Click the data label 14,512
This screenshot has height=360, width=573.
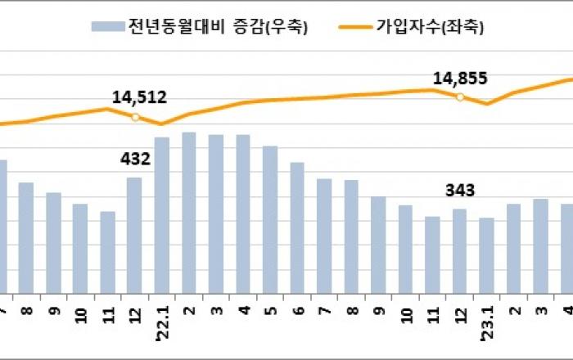point(139,97)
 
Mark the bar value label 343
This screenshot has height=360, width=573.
point(460,191)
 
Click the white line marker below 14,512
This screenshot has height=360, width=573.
point(135,116)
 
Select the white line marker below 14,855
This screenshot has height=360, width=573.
point(460,97)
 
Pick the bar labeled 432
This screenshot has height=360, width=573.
point(134,235)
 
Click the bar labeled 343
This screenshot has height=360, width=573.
point(460,250)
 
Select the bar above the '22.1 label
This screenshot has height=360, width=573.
point(162,214)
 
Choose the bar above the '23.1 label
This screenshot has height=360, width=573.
point(487,254)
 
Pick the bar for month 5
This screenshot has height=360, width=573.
point(270,219)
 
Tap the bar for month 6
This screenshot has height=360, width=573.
point(297,227)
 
